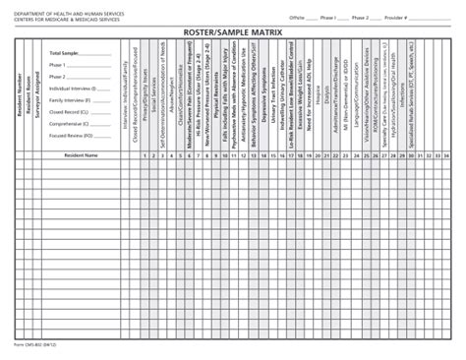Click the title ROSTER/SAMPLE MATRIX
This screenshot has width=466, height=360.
[x=233, y=33]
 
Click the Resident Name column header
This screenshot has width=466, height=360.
[x=79, y=154]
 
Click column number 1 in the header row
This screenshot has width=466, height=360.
[x=144, y=154]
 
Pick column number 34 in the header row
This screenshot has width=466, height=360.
[x=446, y=154]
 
